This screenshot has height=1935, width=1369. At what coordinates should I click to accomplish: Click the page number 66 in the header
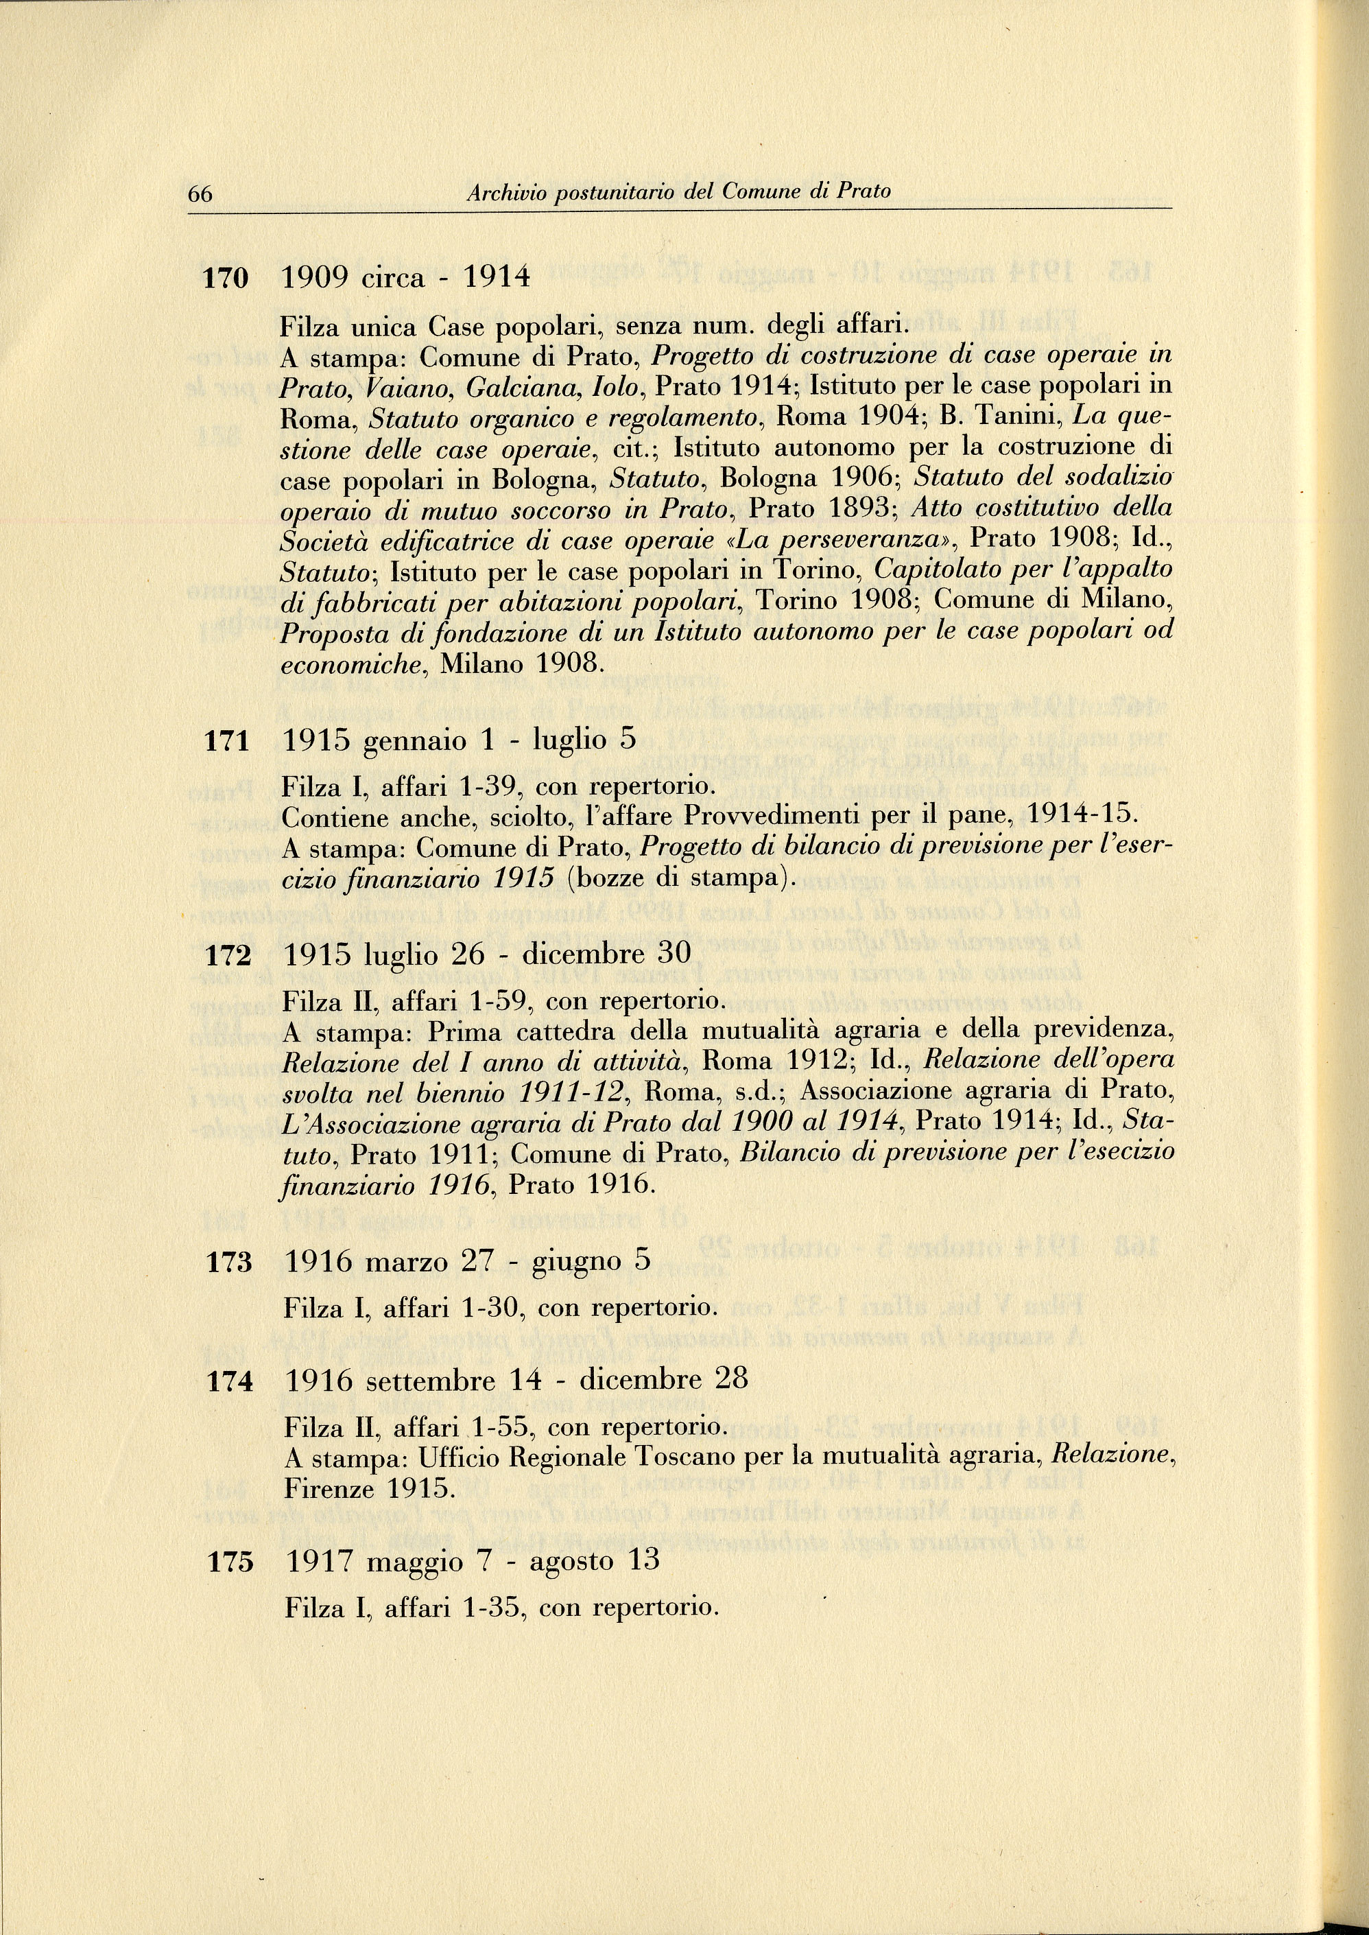(x=200, y=194)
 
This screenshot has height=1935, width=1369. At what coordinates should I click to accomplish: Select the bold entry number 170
(x=226, y=278)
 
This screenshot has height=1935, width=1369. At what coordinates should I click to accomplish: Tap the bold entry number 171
(x=227, y=741)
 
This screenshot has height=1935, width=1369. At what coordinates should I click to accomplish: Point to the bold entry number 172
(x=228, y=955)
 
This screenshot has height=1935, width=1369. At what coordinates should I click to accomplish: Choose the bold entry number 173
(x=228, y=1262)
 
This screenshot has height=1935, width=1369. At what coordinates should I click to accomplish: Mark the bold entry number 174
(x=228, y=1382)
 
